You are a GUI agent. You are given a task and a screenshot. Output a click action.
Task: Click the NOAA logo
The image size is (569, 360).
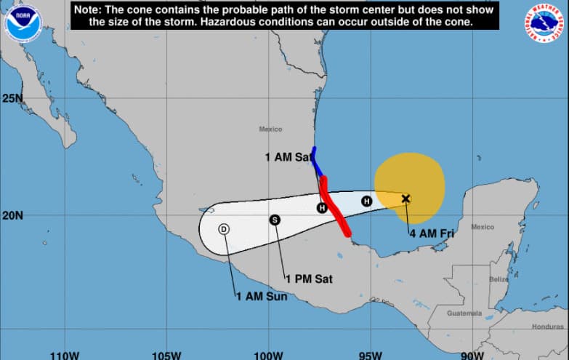click(x=23, y=22)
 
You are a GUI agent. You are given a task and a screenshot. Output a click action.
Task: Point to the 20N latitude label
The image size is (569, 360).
click(x=12, y=215)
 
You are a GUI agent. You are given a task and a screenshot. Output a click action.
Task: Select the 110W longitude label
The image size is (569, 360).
click(x=64, y=355)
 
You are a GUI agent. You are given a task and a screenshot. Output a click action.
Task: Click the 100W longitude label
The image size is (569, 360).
click(x=268, y=355)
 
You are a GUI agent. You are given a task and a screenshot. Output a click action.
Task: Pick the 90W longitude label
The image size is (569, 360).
click(x=472, y=355)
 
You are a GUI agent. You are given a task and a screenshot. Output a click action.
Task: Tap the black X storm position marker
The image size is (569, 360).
click(x=405, y=199)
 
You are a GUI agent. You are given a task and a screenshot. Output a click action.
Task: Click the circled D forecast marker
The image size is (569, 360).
click(x=224, y=229)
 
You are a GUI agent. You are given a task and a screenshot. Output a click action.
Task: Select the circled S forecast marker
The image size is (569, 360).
click(x=275, y=220)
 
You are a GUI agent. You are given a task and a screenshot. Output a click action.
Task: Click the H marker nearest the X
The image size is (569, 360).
click(x=366, y=201)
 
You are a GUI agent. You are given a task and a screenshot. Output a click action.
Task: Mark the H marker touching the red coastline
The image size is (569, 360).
click(x=322, y=208)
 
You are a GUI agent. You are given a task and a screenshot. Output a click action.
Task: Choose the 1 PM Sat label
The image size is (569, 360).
click(x=308, y=279)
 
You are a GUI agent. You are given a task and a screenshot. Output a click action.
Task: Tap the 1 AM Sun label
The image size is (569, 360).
click(x=262, y=296)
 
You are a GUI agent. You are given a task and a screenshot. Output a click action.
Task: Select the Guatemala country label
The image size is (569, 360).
click(x=464, y=313)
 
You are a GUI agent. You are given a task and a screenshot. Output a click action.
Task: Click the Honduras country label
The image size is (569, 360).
click(x=547, y=327)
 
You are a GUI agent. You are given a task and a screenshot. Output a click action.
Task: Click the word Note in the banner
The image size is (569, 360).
click(x=89, y=10)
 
